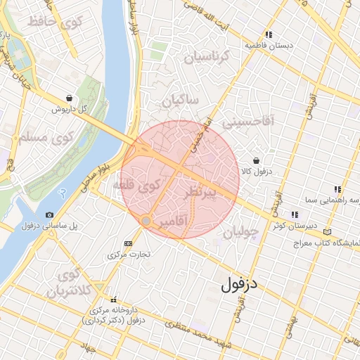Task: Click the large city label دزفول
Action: point(240,285)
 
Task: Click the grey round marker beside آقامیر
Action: point(146,221)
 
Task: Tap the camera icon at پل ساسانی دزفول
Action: point(49,215)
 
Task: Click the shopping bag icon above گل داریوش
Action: point(69,98)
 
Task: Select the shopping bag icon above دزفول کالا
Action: point(255,160)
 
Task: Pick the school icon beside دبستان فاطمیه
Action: point(269,34)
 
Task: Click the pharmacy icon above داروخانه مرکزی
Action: point(112,300)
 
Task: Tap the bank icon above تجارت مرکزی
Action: point(127,243)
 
